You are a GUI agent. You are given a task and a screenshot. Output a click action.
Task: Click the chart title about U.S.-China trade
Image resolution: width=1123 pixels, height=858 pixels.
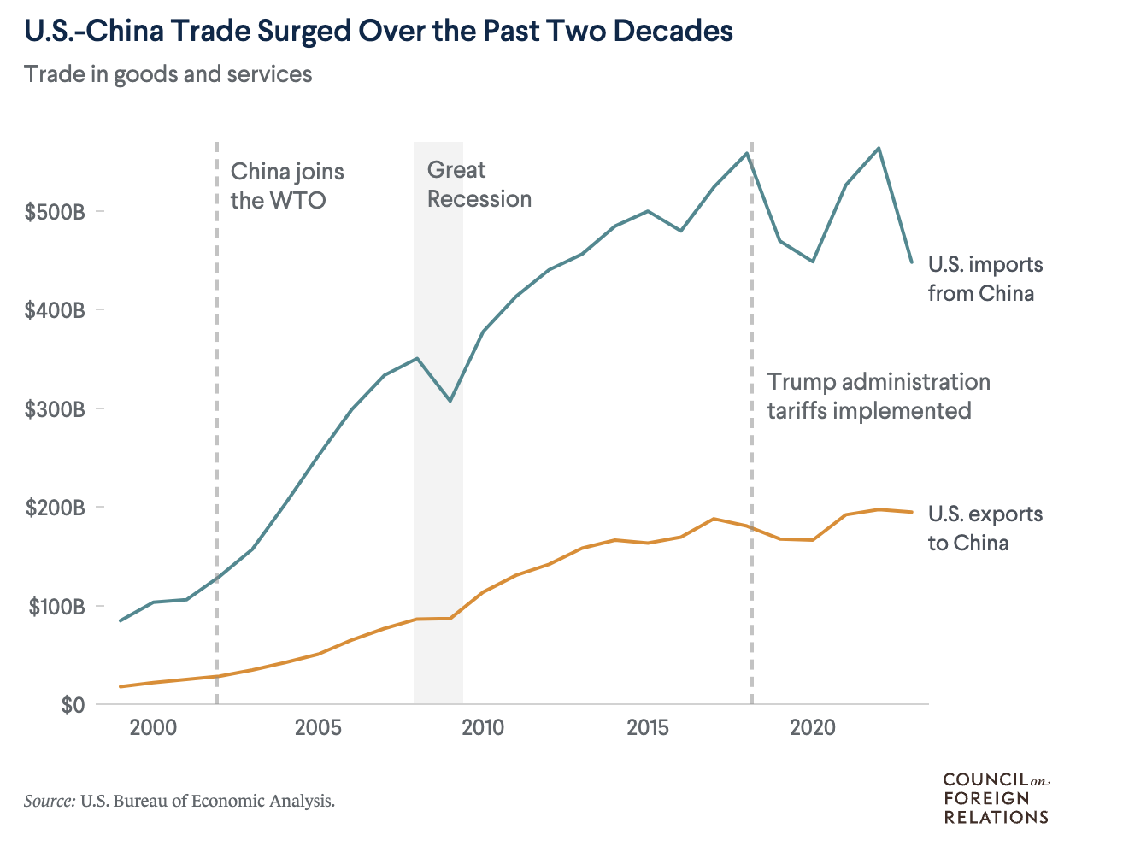379,31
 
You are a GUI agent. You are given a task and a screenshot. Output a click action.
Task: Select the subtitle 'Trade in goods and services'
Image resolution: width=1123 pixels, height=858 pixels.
168,74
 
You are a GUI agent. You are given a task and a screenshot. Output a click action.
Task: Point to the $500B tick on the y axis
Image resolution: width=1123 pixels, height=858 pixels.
56,212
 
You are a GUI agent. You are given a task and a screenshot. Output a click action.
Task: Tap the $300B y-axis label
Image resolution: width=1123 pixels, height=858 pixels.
56,409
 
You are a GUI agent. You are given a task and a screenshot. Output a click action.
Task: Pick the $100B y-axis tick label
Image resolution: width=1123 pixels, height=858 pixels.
56,607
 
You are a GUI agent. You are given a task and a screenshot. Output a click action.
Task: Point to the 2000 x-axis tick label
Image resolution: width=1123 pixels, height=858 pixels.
153,728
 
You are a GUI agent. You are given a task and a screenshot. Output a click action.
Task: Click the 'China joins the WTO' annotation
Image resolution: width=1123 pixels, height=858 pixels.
287,185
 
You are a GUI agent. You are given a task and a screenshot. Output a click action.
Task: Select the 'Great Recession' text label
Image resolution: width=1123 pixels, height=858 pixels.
479,185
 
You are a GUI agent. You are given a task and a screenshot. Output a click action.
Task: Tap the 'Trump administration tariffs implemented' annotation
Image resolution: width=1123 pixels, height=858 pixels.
878,397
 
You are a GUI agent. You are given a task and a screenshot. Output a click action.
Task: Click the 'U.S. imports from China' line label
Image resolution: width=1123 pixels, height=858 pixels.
985,279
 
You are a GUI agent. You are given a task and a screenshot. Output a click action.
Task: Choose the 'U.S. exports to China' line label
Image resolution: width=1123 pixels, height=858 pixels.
985,528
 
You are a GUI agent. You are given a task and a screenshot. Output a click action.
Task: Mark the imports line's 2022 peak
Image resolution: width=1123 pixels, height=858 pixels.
879,149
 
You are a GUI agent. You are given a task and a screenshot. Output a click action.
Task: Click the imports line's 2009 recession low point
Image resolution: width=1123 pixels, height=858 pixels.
450,401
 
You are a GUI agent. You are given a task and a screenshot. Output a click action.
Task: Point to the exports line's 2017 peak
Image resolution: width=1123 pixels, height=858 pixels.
714,519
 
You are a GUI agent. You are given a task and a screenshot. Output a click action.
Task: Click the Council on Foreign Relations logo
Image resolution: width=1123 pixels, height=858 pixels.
996,798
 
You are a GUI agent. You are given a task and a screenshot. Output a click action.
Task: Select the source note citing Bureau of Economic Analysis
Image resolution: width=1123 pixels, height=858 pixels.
179,802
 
